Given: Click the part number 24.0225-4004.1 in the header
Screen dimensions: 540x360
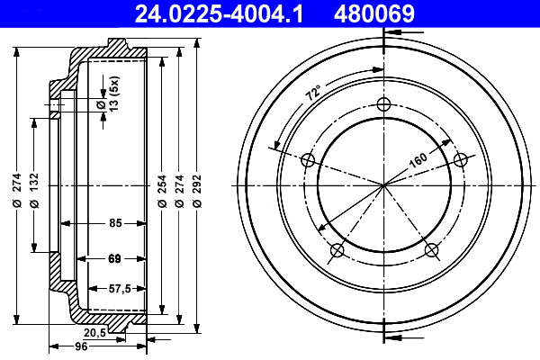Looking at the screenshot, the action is (x=219, y=14).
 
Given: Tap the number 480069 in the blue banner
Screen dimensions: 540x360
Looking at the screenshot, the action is (x=374, y=14).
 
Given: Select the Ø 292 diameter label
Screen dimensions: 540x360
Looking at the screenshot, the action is (x=197, y=191).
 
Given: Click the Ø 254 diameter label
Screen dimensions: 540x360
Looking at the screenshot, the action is (x=162, y=191).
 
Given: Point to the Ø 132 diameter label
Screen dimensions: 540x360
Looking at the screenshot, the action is (x=34, y=191).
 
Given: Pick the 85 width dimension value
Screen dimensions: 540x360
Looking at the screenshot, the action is (x=116, y=223).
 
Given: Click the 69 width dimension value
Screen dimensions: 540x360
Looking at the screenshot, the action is (x=114, y=258).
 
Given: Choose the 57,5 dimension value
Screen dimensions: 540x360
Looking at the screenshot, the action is (x=120, y=288).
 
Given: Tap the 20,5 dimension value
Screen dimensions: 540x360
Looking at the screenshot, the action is (x=94, y=333).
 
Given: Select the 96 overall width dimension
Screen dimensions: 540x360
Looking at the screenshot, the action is (x=81, y=346).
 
